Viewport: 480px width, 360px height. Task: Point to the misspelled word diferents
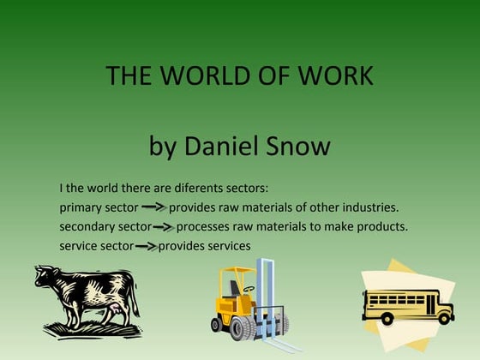point(177,188)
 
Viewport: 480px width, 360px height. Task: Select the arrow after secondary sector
point(163,227)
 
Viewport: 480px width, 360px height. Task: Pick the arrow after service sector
point(146,247)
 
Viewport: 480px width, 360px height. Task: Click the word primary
point(81,207)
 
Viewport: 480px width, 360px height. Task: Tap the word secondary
point(88,227)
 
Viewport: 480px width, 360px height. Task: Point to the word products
point(380,227)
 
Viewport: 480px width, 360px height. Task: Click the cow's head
point(47,279)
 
